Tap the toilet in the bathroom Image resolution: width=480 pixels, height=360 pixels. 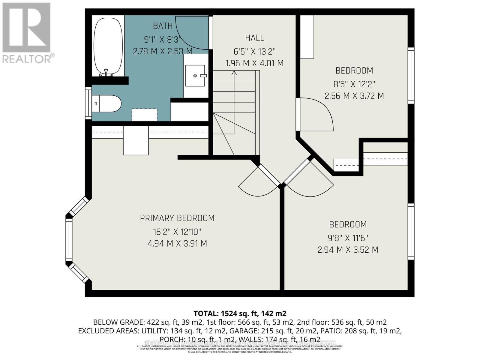click(x=107, y=103)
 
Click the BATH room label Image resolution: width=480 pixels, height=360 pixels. click(x=163, y=26)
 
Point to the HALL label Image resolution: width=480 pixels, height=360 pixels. click(x=254, y=38)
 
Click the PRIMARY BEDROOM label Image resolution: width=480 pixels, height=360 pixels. click(x=177, y=218)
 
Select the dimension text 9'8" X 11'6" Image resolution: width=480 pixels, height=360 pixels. click(x=348, y=238)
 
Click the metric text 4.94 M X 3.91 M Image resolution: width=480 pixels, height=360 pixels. click(x=177, y=244)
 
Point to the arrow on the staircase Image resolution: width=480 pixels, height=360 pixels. click(x=234, y=73)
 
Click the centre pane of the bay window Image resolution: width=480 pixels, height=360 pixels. click(x=69, y=240)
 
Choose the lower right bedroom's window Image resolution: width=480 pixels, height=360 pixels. click(x=411, y=231)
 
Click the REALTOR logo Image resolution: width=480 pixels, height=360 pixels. click(x=27, y=33)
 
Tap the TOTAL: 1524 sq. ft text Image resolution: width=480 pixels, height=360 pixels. click(x=240, y=313)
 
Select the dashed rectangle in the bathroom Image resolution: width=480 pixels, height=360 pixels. click(x=144, y=115)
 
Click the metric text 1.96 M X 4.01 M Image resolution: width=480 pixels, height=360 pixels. click(x=254, y=64)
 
